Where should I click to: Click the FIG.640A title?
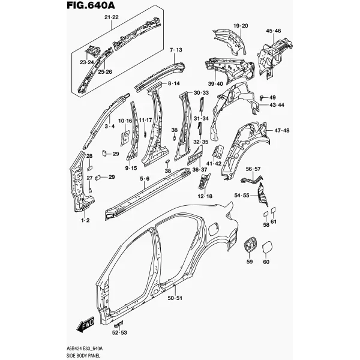pos(91,5)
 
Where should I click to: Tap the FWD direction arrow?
pos(85,325)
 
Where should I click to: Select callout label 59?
pos(250,262)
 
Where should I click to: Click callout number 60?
pos(266,262)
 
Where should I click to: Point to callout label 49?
pos(272,97)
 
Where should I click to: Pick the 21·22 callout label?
pos(112,17)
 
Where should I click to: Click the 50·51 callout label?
pos(175,298)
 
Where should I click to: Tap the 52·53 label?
pos(119,332)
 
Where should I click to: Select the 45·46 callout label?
pos(274,31)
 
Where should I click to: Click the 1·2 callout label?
pos(85,220)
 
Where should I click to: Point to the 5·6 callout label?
pos(145,178)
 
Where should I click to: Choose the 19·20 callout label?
pos(241,26)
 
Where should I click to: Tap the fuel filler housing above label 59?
pos(250,245)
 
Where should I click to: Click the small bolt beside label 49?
pos(262,98)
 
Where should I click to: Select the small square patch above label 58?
pos(265,214)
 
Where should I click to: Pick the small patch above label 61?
pos(273,210)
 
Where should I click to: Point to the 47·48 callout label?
pos(282,130)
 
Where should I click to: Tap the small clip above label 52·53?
pos(118,324)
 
